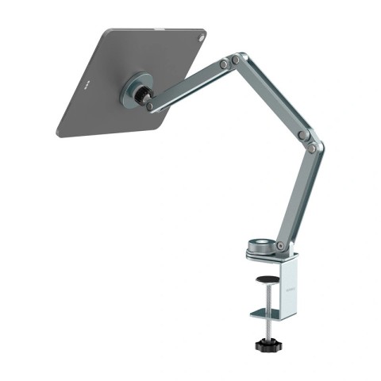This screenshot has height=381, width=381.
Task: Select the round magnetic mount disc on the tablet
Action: (x=135, y=90)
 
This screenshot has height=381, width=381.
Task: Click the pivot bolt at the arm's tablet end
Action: (x=149, y=106)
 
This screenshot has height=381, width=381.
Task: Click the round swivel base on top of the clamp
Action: (x=260, y=246)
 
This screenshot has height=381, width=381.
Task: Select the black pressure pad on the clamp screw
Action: (x=268, y=279)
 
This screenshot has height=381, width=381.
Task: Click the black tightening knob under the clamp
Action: (x=268, y=345)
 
